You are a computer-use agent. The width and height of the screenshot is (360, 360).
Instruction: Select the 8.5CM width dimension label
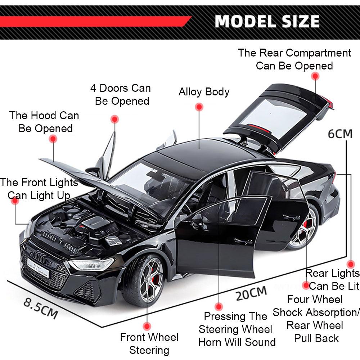41,306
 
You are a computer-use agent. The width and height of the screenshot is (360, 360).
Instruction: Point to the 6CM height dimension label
340,134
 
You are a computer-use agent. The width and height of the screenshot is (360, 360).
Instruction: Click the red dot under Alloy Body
199,107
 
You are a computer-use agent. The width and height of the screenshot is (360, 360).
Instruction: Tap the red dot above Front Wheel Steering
147,326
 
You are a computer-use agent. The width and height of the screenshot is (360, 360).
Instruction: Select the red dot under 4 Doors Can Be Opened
115,119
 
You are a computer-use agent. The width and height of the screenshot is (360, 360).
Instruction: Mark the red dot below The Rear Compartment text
315,76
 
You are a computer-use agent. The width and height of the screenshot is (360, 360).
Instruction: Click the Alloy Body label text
204,92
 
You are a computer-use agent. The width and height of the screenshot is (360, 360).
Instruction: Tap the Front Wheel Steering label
149,343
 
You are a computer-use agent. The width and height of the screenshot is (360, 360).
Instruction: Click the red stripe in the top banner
94,22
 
